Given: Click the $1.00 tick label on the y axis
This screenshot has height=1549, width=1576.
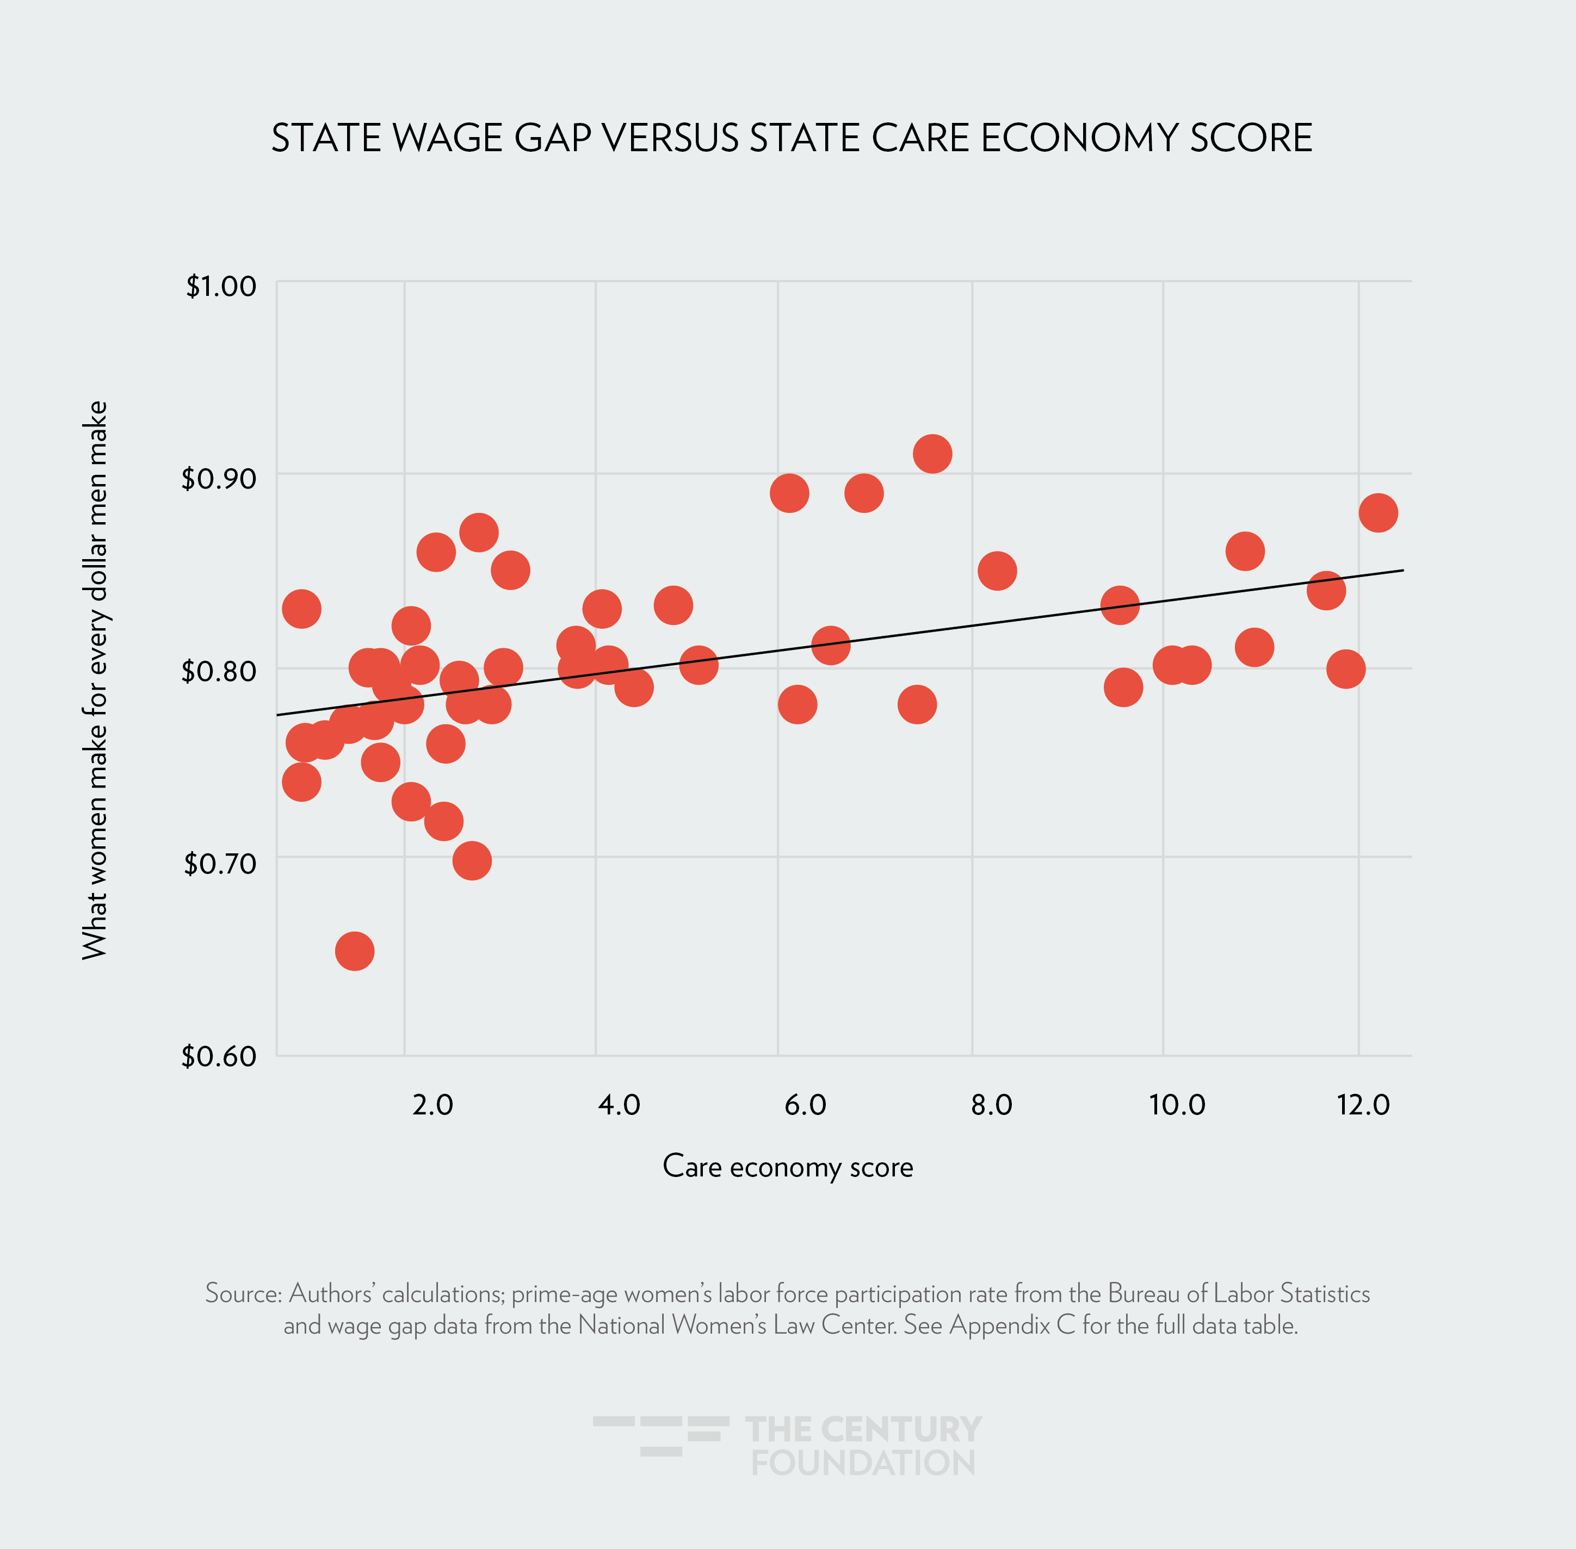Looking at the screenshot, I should pyautogui.click(x=220, y=287).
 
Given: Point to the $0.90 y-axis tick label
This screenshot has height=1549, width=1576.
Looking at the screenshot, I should pyautogui.click(x=218, y=479).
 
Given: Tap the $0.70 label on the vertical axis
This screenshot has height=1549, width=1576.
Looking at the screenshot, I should pyautogui.click(x=220, y=863).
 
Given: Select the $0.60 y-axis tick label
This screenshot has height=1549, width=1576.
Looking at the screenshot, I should pyautogui.click(x=218, y=1056).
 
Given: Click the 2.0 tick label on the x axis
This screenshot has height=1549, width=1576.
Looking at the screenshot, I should pyautogui.click(x=432, y=1105).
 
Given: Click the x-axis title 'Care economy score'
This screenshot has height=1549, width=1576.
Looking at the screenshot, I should pyautogui.click(x=788, y=1167).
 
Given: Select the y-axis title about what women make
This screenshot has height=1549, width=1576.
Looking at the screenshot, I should pyautogui.click(x=95, y=679).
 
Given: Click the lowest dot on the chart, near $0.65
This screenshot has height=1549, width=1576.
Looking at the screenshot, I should pyautogui.click(x=355, y=951).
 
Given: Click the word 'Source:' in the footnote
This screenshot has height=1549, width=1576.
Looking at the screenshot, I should pyautogui.click(x=243, y=1293).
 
